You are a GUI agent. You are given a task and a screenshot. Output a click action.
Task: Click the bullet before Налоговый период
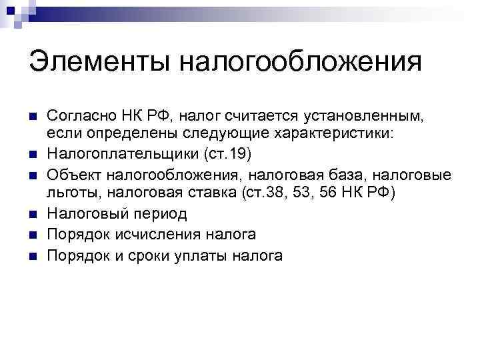click(33, 214)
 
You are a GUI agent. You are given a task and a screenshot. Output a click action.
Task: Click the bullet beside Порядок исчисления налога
click(33, 234)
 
